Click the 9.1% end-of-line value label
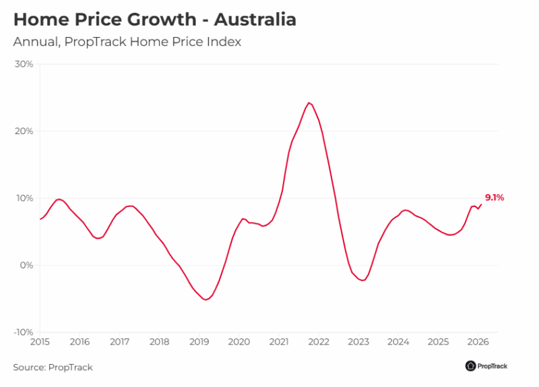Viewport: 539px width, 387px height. (x=494, y=198)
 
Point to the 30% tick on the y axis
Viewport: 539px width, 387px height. (x=24, y=64)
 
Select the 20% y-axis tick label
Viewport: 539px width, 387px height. (x=24, y=131)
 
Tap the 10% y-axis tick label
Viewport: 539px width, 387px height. (x=24, y=198)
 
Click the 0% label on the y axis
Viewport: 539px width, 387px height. (x=26, y=265)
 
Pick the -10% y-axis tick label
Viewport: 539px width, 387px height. (x=23, y=332)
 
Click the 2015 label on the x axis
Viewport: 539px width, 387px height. (x=40, y=342)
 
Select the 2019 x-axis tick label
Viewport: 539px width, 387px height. (x=199, y=342)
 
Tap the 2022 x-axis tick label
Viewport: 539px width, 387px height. (x=319, y=342)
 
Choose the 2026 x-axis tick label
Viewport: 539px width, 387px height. (x=478, y=342)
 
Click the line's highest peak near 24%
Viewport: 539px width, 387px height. (x=309, y=102)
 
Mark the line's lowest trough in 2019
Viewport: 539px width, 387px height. (x=205, y=299)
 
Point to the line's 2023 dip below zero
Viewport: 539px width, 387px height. (x=362, y=280)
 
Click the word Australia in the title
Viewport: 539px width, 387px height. (x=255, y=20)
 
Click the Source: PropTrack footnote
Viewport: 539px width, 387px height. (x=53, y=367)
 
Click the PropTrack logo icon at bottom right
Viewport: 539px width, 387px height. (x=470, y=366)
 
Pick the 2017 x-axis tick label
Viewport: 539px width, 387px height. (x=119, y=342)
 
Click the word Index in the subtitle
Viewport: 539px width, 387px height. (x=225, y=42)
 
